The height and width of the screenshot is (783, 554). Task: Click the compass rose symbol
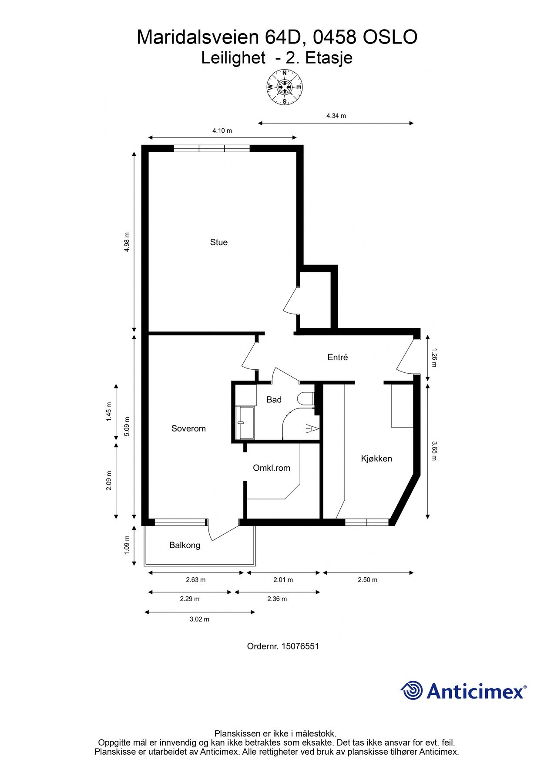click(x=285, y=87)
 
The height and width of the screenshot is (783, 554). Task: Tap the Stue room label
click(x=219, y=242)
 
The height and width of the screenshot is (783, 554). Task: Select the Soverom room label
click(x=188, y=428)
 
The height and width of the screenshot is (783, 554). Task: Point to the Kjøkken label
click(x=376, y=458)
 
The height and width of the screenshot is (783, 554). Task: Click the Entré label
click(x=338, y=357)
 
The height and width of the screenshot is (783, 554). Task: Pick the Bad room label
click(x=274, y=399)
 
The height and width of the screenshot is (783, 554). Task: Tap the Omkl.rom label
click(x=272, y=468)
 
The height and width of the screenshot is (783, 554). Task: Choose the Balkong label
click(x=185, y=545)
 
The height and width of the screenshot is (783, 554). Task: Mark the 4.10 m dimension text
click(x=222, y=130)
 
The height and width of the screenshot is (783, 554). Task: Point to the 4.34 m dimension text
click(x=336, y=116)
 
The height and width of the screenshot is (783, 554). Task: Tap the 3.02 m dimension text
click(x=199, y=619)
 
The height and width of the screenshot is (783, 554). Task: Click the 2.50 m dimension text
click(x=368, y=579)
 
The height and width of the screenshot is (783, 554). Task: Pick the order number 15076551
click(x=300, y=646)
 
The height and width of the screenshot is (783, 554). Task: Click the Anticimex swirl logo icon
click(x=412, y=690)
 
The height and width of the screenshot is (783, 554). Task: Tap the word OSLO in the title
click(x=390, y=37)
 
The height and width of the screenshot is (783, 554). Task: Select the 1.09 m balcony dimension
click(x=127, y=545)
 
